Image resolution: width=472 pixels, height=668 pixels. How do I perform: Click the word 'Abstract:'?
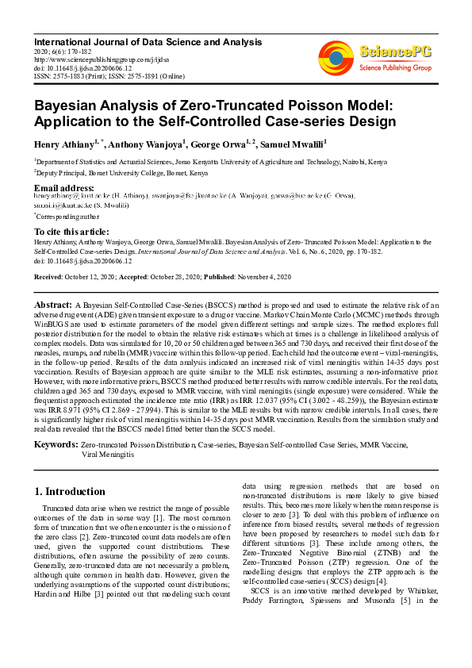pos(52,305)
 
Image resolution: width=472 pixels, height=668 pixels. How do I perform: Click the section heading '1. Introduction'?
pos(70,491)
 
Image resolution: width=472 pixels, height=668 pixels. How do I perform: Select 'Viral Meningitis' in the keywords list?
pos(109,455)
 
